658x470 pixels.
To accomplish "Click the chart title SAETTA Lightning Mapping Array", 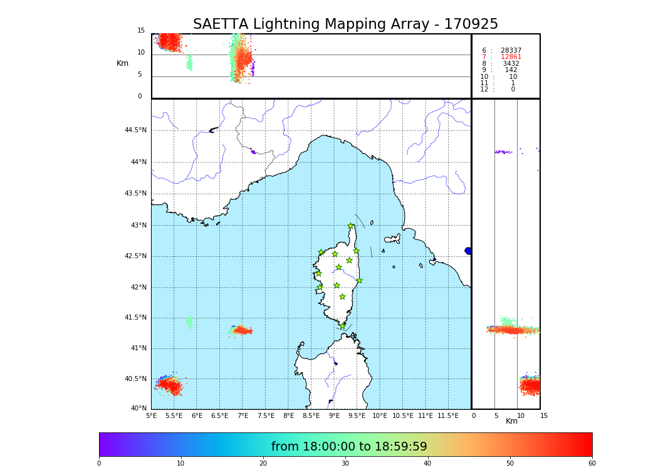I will click(x=345, y=24).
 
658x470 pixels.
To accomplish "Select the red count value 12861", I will click(x=511, y=57).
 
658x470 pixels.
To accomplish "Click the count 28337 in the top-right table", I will click(x=511, y=50).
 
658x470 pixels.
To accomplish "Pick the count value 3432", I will click(x=511, y=63).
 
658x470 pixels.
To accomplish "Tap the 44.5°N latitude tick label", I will click(x=135, y=130).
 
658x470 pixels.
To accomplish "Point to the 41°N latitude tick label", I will click(x=137, y=348).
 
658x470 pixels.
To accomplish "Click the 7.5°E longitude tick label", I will click(x=266, y=415).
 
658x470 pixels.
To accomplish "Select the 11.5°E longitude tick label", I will click(x=448, y=415).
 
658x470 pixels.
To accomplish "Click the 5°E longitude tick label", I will click(x=152, y=415).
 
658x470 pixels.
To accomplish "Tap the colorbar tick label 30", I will click(x=345, y=463).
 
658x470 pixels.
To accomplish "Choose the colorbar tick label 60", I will click(x=592, y=463).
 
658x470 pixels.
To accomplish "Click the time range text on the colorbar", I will click(x=349, y=447).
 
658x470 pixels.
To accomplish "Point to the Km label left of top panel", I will click(x=122, y=63).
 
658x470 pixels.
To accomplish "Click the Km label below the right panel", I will click(x=511, y=421).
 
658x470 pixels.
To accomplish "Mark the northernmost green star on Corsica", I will click(x=351, y=226).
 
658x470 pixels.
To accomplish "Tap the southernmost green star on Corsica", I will click(x=342, y=326).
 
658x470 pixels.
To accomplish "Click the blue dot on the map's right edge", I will click(x=468, y=251).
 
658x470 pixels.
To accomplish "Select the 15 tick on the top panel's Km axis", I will click(x=141, y=31).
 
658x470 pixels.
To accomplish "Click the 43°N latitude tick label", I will click(x=137, y=225).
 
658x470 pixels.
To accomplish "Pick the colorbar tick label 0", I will click(x=99, y=463).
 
